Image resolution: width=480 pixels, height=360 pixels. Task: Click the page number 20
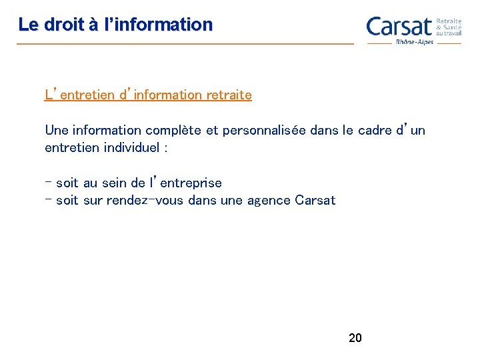click(x=355, y=338)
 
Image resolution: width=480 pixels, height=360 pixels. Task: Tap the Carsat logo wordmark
click(x=399, y=27)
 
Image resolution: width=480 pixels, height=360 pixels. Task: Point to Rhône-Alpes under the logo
click(x=415, y=41)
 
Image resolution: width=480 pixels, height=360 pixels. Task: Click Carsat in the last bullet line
click(x=315, y=200)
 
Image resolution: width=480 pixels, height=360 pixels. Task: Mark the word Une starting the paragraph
click(x=55, y=130)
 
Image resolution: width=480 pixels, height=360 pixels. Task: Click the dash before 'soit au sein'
click(x=48, y=181)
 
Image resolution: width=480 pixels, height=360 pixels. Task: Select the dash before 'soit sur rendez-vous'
click(x=48, y=199)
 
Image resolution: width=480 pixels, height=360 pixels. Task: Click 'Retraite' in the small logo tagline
click(x=448, y=21)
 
